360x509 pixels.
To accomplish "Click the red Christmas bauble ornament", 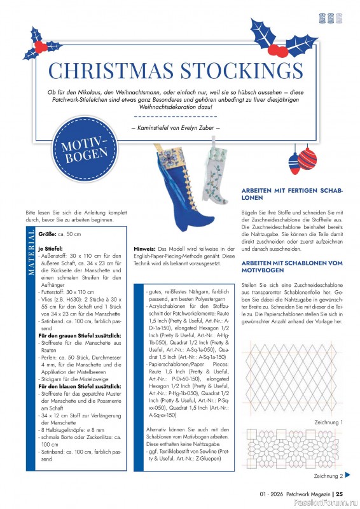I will [x=307, y=158].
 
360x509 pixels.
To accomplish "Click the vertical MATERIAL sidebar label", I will [x=32, y=254].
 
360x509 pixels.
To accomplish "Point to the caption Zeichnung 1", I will [x=328, y=422].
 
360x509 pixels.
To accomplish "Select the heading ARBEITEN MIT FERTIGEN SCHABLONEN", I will [x=291, y=194].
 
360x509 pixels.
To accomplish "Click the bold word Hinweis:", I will [x=145, y=248].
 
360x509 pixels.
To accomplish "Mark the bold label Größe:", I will [x=47, y=235].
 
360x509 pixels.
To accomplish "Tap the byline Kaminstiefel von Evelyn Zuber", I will [x=175, y=129].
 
